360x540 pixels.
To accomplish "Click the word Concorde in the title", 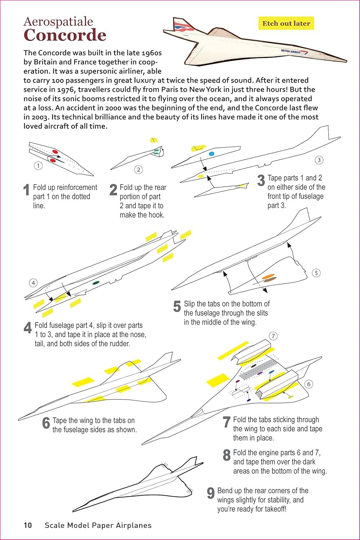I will (65, 35).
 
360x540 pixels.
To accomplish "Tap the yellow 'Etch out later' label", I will (286, 23).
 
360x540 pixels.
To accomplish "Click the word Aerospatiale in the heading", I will (58, 22).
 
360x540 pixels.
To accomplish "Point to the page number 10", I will (28, 525).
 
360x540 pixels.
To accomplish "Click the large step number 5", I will (177, 306).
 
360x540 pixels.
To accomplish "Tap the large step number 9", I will (211, 493).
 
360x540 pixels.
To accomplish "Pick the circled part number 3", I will (319, 160).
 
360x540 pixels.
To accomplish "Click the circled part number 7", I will (273, 336).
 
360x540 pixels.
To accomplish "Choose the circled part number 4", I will (33, 283).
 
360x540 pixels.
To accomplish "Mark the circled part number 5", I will (316, 273).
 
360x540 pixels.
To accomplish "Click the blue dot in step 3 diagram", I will (211, 154).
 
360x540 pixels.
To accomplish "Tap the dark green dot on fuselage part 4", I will (96, 283).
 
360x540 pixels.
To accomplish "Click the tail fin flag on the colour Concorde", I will (179, 25).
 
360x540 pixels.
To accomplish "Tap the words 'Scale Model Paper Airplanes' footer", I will (98, 525).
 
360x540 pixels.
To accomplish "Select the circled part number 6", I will (309, 384).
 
